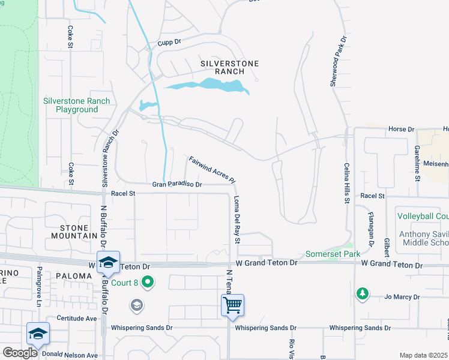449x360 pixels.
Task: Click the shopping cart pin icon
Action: (x=232, y=304)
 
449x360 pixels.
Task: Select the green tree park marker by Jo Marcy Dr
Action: (x=362, y=293)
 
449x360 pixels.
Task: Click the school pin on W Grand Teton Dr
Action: (x=108, y=262)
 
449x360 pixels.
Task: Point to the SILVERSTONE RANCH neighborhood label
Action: (x=222, y=67)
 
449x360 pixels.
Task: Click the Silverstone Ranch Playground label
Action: (x=76, y=106)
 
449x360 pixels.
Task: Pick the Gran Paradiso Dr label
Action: (x=176, y=185)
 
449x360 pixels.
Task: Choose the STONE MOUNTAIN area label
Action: (x=79, y=232)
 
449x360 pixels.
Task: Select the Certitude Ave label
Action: (x=77, y=319)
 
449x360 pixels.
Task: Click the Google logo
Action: (x=20, y=353)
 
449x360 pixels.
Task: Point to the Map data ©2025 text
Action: (x=423, y=355)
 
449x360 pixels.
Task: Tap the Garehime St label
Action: (x=416, y=162)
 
